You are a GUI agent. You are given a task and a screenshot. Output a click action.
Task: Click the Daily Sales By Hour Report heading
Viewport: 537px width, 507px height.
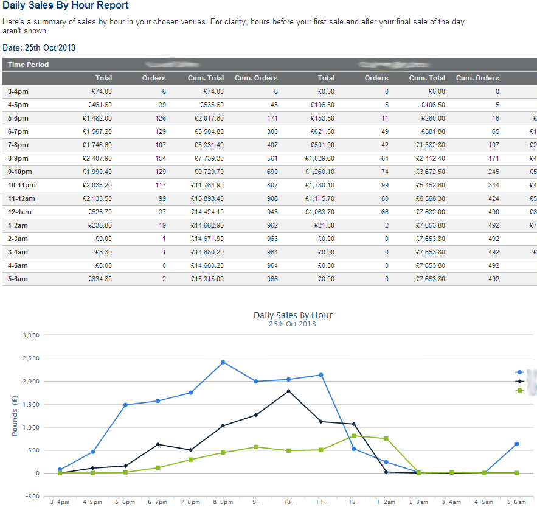tap(66, 5)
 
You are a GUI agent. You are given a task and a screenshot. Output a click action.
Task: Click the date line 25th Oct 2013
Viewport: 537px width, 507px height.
tap(39, 47)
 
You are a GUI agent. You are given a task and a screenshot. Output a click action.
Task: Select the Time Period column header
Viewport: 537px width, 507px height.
tap(28, 65)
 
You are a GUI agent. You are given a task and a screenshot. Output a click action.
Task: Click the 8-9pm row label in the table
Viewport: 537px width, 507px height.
tap(18, 158)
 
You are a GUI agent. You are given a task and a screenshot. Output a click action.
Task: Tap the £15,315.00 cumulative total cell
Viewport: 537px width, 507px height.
tap(208, 279)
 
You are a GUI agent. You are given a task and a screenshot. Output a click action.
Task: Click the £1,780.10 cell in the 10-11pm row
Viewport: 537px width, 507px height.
tap(319, 185)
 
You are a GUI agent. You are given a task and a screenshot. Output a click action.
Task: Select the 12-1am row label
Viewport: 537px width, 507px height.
tap(19, 212)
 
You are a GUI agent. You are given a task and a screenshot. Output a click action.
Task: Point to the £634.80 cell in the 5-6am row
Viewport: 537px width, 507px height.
tap(100, 279)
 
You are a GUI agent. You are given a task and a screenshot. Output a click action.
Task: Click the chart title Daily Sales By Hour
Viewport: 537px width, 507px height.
tap(293, 315)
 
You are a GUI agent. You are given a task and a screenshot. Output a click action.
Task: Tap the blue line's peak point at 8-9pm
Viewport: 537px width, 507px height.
tap(223, 362)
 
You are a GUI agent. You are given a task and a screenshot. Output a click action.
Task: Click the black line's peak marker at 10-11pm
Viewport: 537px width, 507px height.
tap(288, 391)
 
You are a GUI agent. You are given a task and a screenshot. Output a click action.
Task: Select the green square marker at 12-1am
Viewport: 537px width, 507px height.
tap(353, 436)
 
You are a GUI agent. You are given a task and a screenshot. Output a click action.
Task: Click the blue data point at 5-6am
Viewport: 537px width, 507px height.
tap(516, 444)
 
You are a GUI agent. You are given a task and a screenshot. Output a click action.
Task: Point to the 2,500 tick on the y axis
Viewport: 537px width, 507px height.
tap(30, 358)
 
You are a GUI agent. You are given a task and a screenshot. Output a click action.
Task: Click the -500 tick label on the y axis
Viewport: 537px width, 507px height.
tap(30, 497)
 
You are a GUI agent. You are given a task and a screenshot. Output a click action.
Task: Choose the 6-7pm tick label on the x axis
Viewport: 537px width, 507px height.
tap(158, 502)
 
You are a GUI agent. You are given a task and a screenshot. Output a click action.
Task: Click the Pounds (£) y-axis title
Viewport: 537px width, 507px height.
tap(15, 415)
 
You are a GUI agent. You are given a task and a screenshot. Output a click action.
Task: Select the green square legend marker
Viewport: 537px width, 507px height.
tap(519, 390)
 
